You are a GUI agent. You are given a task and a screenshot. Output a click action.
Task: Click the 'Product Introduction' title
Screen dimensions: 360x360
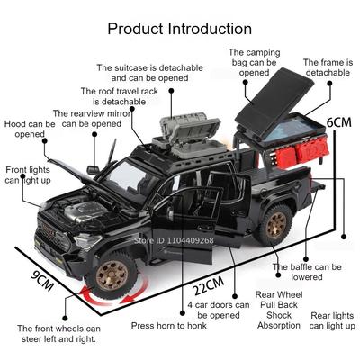tap(180, 29)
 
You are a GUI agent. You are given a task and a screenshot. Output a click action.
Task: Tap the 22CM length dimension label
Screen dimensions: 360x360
tap(209, 285)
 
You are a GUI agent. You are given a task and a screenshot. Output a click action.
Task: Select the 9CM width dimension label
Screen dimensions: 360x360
tap(42, 281)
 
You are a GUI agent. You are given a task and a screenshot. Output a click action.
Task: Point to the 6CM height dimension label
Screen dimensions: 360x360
tap(338, 122)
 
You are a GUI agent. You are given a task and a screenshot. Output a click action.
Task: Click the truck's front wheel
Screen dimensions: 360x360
tap(112, 275)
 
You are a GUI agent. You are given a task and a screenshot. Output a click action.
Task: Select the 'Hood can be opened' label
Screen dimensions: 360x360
tap(30, 129)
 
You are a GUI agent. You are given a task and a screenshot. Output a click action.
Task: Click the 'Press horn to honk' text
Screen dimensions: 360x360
tap(169, 326)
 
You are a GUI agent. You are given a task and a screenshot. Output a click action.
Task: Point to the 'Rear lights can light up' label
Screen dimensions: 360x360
tap(332, 320)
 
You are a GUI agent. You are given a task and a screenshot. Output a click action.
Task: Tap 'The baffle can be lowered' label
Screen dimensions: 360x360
tap(307, 272)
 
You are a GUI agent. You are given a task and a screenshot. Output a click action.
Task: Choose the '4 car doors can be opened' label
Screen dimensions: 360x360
tap(219, 310)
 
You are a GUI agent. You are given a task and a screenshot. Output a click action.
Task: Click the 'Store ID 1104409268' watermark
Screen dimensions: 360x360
tap(174, 240)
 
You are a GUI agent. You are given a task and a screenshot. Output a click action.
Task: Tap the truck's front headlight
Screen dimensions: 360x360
tap(87, 241)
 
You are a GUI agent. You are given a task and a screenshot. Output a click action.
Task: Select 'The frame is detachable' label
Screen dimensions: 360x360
tap(328, 67)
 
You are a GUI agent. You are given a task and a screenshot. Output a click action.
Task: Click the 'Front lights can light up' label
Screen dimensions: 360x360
tap(28, 175)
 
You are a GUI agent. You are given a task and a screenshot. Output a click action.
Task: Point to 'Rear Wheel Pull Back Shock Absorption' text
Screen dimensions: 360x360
tap(279, 310)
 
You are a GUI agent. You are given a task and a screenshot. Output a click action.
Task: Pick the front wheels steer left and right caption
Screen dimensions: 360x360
tap(58, 334)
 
